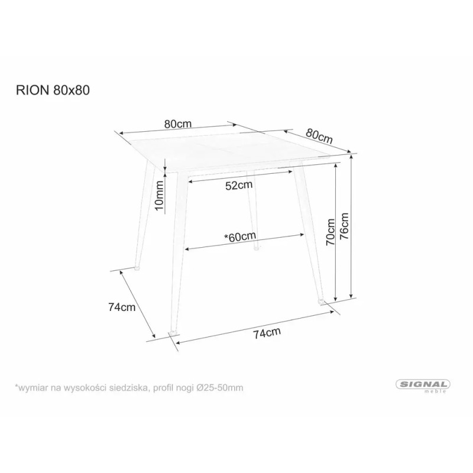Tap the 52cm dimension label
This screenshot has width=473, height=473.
pos(239,185)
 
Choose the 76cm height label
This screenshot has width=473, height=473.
pos(346,224)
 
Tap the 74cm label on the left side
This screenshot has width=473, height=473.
pos(122,307)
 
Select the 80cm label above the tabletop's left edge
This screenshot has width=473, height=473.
pos(178,124)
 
